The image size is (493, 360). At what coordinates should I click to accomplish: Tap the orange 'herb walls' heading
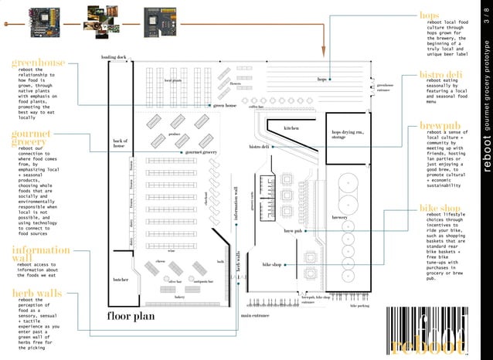36,293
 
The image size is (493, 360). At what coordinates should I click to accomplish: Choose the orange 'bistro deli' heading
441,74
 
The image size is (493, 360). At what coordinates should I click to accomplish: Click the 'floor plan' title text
131,316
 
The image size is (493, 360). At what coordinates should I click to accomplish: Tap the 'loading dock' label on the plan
113,58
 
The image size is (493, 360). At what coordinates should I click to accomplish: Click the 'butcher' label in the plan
120,280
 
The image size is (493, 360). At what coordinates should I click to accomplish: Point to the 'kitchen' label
291,127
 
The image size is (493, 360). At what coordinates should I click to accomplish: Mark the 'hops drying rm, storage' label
345,134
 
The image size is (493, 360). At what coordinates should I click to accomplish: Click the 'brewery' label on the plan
340,219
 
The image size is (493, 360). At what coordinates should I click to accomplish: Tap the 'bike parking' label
359,306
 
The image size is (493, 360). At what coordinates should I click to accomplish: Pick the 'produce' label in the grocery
174,134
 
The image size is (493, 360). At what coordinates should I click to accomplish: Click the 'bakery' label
179,297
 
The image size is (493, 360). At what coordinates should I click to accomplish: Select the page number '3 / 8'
486,17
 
